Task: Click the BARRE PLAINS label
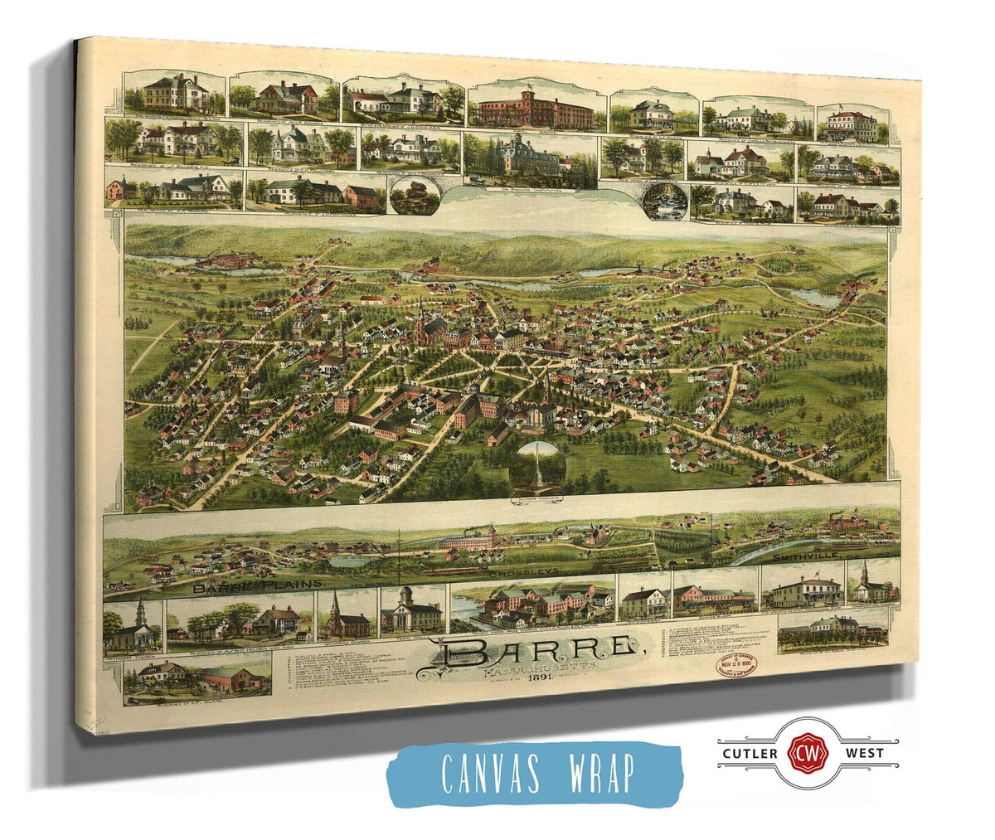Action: coord(257,585)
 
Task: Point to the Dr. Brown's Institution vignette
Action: coord(531,162)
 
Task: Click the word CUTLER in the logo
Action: coord(746,753)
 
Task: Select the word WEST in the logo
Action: coord(862,753)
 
